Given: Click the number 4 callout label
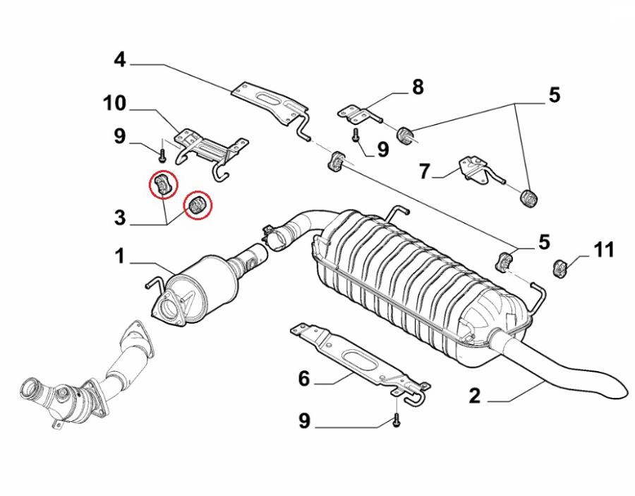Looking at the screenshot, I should [x=120, y=61].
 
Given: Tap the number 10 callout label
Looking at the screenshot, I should [x=114, y=104].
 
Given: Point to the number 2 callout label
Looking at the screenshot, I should [x=474, y=396].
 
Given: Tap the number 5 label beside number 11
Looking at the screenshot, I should [x=544, y=242].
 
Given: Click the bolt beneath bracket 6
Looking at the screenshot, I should [x=397, y=420].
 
